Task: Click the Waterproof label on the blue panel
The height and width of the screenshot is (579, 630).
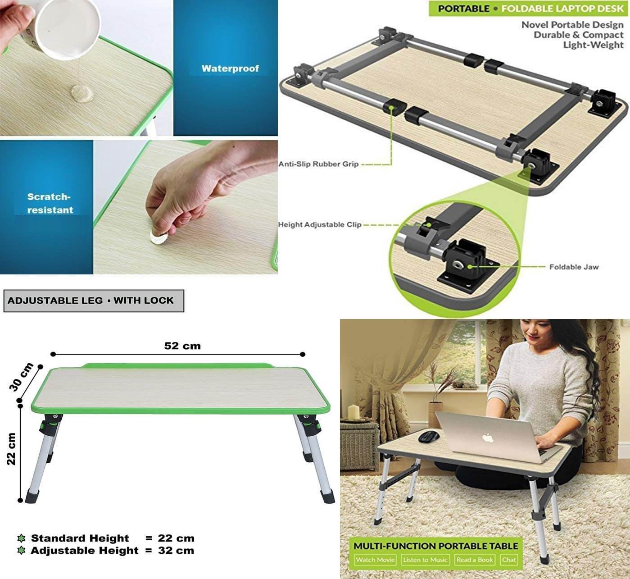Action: tap(230, 68)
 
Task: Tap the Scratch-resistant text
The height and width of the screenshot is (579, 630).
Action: tap(50, 203)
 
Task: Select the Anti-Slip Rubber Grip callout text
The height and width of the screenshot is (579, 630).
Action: tap(318, 164)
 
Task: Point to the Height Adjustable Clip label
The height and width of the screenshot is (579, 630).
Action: tap(320, 225)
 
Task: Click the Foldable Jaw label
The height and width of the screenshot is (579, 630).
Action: tap(574, 267)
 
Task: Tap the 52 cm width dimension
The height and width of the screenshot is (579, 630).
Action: tap(182, 346)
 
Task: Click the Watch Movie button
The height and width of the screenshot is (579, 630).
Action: tap(375, 560)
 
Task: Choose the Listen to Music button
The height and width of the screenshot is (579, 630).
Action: tap(425, 560)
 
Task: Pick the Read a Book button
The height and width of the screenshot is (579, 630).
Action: tap(475, 560)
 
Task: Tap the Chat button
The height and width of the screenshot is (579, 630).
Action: tap(509, 560)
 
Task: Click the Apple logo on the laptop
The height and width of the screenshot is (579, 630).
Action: tap(488, 438)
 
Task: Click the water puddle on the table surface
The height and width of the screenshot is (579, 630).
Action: tap(82, 93)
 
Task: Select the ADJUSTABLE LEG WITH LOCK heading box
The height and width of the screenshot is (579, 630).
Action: tap(94, 301)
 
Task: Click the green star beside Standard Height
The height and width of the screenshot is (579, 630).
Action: tap(21, 538)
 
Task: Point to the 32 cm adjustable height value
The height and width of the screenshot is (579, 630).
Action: tap(176, 551)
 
